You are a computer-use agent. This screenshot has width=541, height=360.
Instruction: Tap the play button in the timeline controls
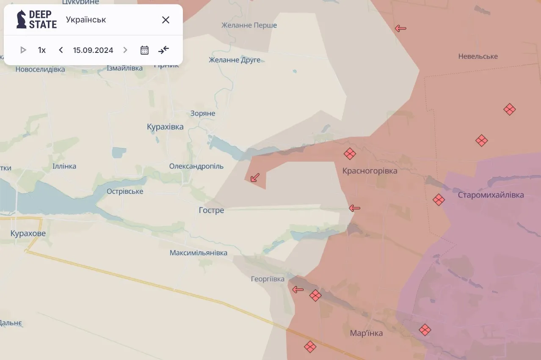coord(23,50)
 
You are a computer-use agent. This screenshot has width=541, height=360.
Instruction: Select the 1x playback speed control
coord(42,50)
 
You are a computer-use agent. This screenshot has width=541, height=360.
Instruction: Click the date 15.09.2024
coord(93,50)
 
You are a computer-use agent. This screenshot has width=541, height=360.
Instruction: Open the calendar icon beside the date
coord(144,50)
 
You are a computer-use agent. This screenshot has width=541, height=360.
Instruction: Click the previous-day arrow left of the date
coord(61,50)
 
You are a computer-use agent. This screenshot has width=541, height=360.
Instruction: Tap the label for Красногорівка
coord(370,171)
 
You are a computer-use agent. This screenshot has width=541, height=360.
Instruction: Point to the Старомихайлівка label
coord(491,195)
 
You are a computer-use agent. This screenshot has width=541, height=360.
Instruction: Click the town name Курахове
coord(28,234)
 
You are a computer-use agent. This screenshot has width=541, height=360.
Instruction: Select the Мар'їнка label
coord(366,333)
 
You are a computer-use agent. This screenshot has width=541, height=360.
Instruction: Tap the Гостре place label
coord(211,210)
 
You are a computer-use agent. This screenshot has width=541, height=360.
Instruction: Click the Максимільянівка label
coord(198,253)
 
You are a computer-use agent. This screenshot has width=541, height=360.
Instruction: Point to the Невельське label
coord(478,56)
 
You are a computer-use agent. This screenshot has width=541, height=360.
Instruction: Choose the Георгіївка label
coord(268,279)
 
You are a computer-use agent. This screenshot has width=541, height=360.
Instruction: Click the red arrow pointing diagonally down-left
coord(254,178)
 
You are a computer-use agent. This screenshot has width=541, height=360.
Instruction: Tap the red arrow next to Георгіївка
coord(298,290)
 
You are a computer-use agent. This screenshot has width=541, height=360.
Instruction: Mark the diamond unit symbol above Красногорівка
coord(350,154)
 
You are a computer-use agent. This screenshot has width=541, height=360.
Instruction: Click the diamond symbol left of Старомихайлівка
coord(439,200)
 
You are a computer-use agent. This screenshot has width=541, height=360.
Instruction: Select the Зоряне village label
coord(203,113)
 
